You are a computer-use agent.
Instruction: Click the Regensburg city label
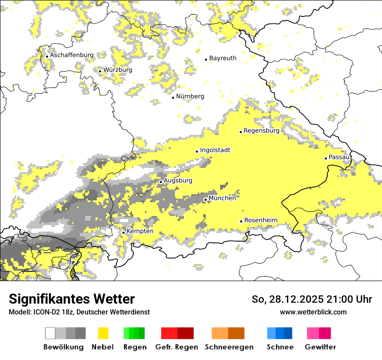[261, 131]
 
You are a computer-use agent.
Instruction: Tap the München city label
[222, 198]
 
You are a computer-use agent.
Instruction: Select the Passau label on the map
[339, 157]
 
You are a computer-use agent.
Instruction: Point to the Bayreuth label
[223, 58]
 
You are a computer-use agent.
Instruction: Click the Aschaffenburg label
[72, 55]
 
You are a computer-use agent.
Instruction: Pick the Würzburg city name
[118, 70]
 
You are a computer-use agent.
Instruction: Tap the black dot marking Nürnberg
[173, 98]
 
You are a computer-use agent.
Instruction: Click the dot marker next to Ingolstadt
[197, 151]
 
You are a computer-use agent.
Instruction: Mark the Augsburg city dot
[161, 182]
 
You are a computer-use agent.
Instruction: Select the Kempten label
[140, 231]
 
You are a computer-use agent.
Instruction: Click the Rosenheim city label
[260, 220]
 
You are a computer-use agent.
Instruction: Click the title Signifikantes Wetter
[72, 299]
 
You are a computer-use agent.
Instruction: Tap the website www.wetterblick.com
[313, 312]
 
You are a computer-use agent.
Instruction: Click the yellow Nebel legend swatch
[103, 333]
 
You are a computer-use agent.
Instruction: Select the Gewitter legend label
[320, 347]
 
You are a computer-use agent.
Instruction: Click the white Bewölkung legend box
[50, 333]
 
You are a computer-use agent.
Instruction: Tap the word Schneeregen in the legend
[229, 347]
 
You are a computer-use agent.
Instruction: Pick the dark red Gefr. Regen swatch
[185, 333]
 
